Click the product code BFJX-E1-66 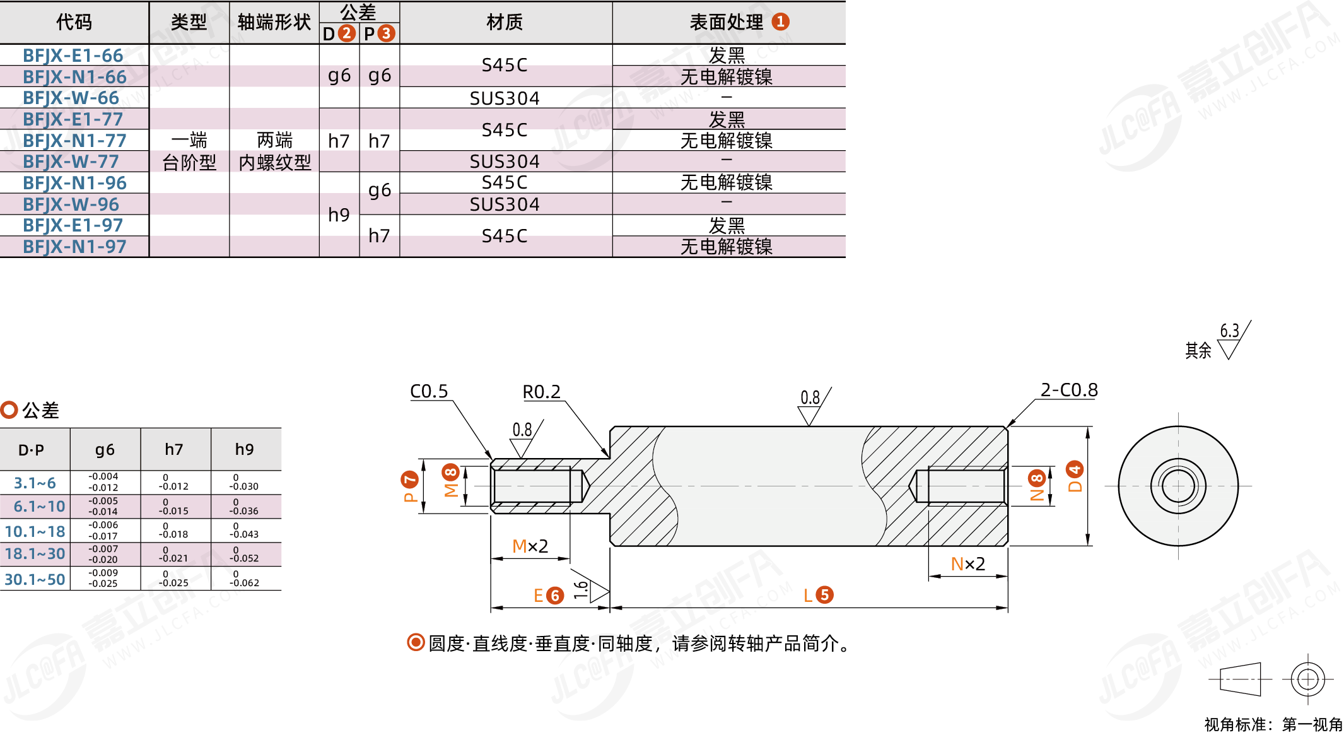pos(73,56)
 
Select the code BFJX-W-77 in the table pos(71,162)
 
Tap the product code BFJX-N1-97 pos(74,247)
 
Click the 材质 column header pos(505,22)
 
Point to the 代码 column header pos(74,22)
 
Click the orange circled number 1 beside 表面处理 pos(781,21)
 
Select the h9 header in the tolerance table pos(244,449)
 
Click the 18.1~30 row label pos(35,554)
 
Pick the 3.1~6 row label pos(35,483)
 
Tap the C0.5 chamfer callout pos(429,391)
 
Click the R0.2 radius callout pos(541,392)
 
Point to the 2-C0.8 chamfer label pos(1069,390)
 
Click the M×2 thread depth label pos(530,546)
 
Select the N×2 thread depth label pos(967,563)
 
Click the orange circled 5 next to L pos(824,595)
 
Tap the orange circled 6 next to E pos(555,596)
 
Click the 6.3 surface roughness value pos(1229,331)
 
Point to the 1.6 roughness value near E pos(581,590)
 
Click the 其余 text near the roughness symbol pos(1198,350)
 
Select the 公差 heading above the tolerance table pos(40,411)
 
